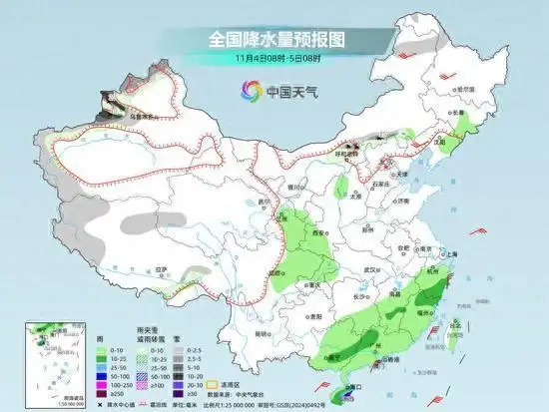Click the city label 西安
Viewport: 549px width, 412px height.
click(x=318, y=231)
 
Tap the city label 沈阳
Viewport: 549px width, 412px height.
click(x=437, y=142)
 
